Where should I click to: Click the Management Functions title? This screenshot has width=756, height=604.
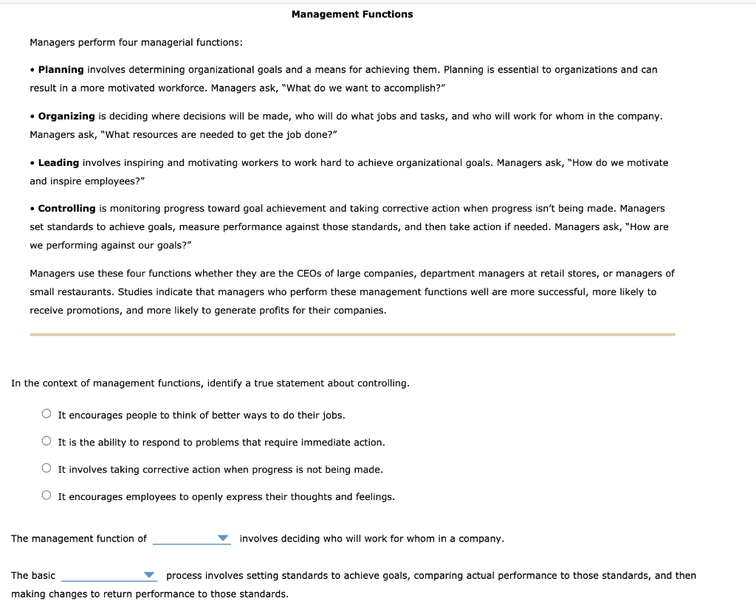click(352, 14)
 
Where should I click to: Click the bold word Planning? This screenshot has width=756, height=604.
click(61, 69)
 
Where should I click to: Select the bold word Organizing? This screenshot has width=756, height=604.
click(66, 116)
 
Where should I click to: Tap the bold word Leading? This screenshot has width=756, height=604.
click(58, 162)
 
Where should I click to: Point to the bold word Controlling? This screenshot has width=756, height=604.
click(66, 209)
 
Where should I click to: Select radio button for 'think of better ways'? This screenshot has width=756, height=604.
click(47, 414)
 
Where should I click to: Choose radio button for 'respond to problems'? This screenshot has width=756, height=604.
click(47, 442)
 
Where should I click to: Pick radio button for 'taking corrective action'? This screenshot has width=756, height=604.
click(47, 469)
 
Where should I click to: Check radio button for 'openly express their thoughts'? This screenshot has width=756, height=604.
click(47, 496)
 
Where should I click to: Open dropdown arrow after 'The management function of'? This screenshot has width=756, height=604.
click(224, 538)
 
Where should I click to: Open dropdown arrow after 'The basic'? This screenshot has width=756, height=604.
click(150, 575)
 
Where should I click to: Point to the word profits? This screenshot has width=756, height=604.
click(271, 310)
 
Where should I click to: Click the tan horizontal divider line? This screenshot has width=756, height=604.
click(352, 334)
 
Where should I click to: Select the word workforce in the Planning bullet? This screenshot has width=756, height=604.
click(179, 88)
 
